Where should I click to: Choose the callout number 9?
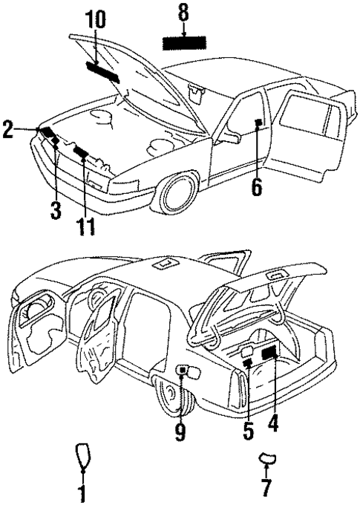pyautogui.click(x=180, y=431)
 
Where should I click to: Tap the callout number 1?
pyautogui.click(x=82, y=492)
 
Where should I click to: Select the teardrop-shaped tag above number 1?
pyautogui.click(x=82, y=454)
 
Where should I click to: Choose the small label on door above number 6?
pyautogui.click(x=257, y=123)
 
